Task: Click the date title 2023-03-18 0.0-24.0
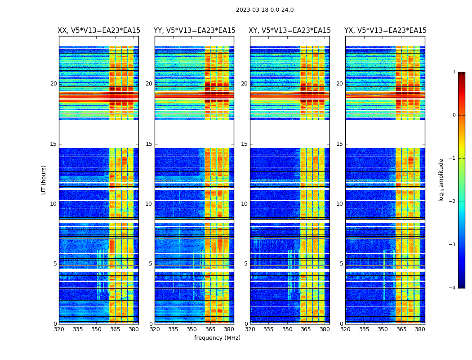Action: pyautogui.click(x=265, y=10)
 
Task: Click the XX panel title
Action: pyautogui.click(x=99, y=31)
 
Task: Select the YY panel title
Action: pyautogui.click(x=195, y=31)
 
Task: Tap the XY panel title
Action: pyautogui.click(x=290, y=31)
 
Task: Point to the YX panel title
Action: pyautogui.click(x=385, y=31)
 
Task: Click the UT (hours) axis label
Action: pyautogui.click(x=44, y=180)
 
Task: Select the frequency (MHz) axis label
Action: pyautogui.click(x=217, y=338)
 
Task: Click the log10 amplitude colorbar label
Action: pyautogui.click(x=441, y=180)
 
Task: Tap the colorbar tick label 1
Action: pyautogui.click(x=454, y=72)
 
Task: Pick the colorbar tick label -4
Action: pyautogui.click(x=453, y=288)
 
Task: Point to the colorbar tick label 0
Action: pyautogui.click(x=454, y=115)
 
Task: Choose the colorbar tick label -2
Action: pyautogui.click(x=453, y=202)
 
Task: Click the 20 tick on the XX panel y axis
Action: pyautogui.click(x=53, y=84)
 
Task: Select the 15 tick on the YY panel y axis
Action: pyautogui.click(x=149, y=144)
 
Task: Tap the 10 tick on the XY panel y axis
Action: pyautogui.click(x=244, y=204)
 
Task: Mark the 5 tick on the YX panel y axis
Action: pyautogui.click(x=341, y=264)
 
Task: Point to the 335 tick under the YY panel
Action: pyautogui.click(x=173, y=329)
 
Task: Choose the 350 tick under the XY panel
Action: pyautogui.click(x=287, y=329)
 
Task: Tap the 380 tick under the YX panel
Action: pyautogui.click(x=420, y=329)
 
